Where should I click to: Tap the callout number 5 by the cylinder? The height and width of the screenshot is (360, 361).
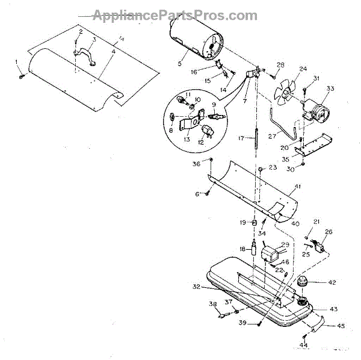pyautogui.click(x=179, y=62)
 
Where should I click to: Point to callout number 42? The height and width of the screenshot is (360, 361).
pyautogui.click(x=332, y=282)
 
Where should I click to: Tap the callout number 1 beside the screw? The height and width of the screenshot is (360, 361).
pyautogui.click(x=16, y=62)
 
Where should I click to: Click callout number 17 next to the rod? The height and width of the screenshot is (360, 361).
pyautogui.click(x=240, y=138)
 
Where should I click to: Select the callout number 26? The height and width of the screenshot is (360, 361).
pyautogui.click(x=329, y=232)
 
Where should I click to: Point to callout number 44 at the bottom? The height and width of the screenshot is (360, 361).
pyautogui.click(x=304, y=345)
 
